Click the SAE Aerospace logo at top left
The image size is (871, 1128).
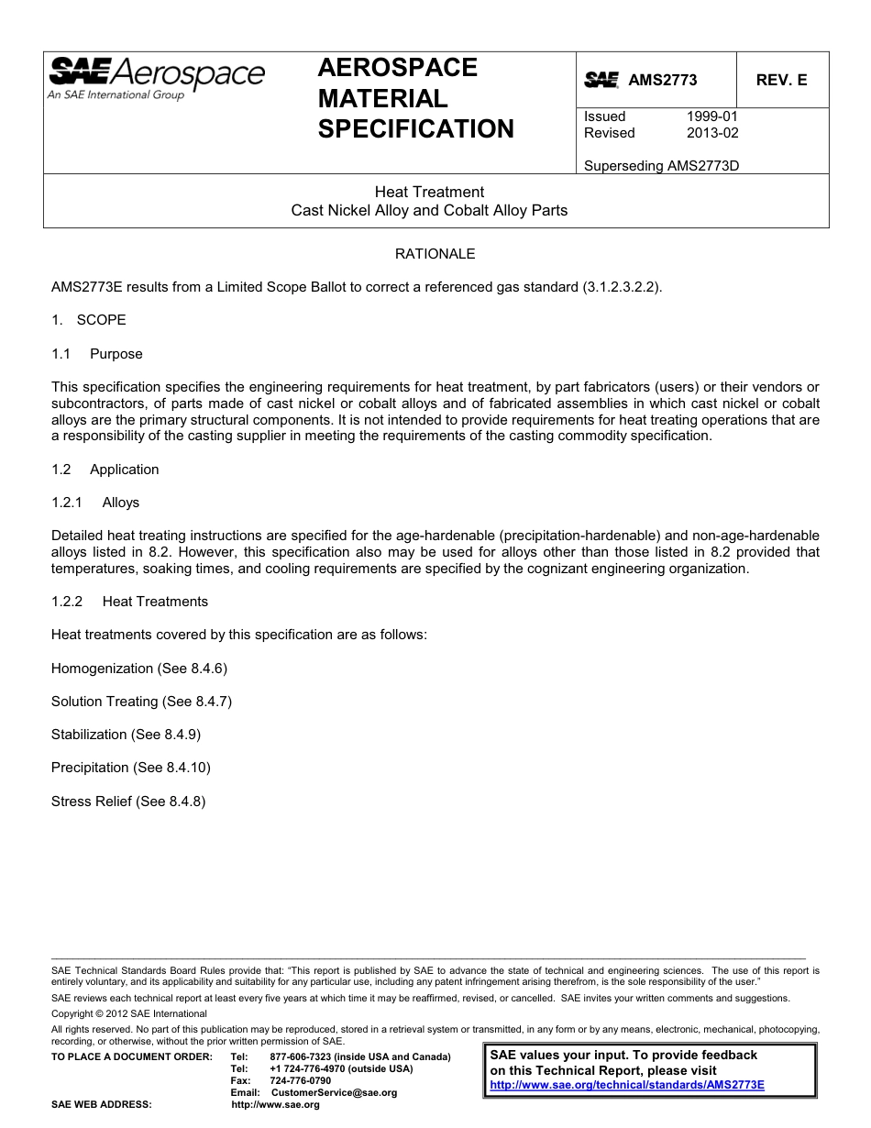(x=156, y=77)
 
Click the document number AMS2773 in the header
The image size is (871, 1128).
(x=662, y=80)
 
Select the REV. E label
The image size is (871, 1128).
(x=781, y=80)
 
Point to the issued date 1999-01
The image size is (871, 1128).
(x=711, y=116)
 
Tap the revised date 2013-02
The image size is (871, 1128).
(x=711, y=133)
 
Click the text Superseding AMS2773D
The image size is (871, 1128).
(x=661, y=166)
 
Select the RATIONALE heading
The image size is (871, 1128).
(x=435, y=253)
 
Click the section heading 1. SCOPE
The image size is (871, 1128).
(x=89, y=320)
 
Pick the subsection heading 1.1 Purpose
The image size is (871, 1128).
(x=97, y=354)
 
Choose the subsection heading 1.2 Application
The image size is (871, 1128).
(x=105, y=470)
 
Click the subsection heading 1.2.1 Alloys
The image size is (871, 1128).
(x=95, y=503)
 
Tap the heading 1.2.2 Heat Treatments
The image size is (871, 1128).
(x=129, y=602)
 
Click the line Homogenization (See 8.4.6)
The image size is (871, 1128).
(x=138, y=669)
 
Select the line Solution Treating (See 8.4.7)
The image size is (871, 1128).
(x=141, y=702)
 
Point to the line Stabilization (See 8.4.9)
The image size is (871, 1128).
(x=126, y=735)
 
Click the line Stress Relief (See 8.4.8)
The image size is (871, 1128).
(x=128, y=802)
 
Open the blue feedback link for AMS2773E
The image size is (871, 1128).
(x=627, y=1084)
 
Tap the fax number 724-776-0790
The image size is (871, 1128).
(x=301, y=1080)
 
